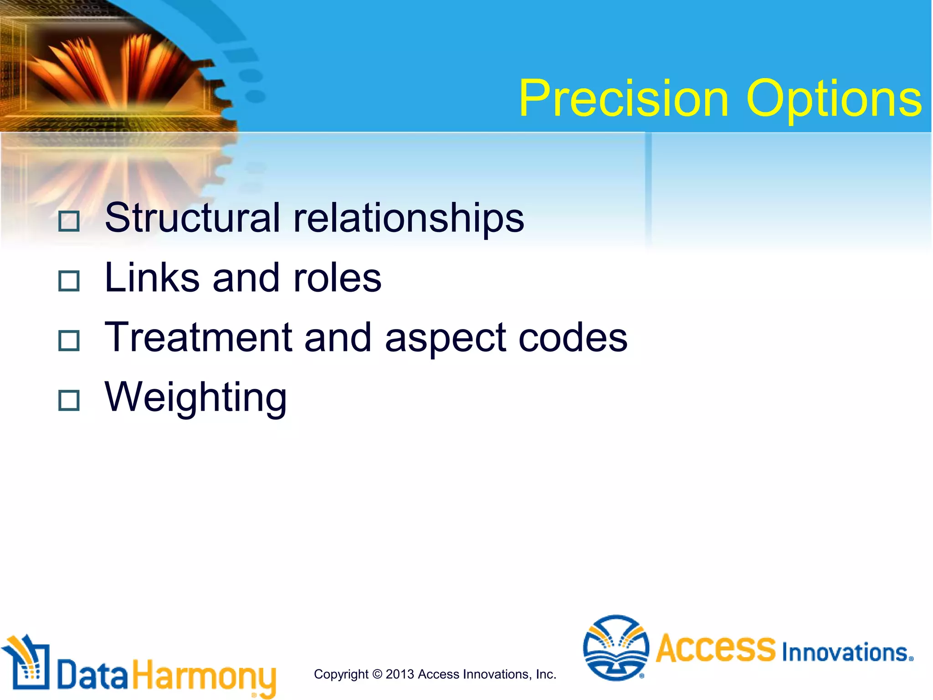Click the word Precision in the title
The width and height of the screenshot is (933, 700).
(623, 98)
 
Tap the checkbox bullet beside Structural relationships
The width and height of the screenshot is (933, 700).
(69, 221)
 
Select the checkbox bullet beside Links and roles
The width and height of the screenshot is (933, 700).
(69, 281)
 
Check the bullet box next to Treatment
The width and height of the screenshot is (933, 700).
(69, 340)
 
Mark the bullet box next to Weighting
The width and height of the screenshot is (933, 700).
(69, 400)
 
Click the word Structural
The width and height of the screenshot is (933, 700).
(192, 218)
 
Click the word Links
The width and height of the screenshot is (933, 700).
(152, 278)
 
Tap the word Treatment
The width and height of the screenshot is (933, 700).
(198, 337)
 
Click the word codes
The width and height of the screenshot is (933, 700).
(573, 337)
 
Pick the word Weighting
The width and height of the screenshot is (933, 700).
(196, 398)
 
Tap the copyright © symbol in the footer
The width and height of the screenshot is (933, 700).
(377, 674)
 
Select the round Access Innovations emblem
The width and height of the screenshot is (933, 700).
(616, 647)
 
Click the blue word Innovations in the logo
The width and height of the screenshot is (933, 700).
(846, 652)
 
